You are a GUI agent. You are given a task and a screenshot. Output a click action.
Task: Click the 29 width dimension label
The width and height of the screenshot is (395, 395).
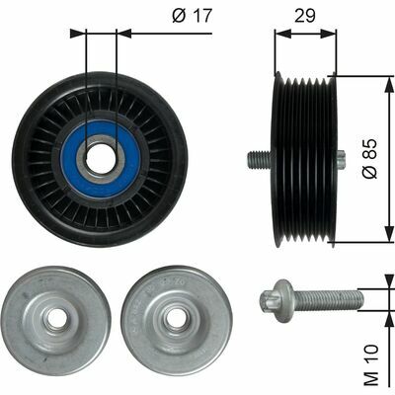click(305, 17)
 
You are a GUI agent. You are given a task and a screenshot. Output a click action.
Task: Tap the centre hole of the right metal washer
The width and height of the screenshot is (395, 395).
click(176, 317)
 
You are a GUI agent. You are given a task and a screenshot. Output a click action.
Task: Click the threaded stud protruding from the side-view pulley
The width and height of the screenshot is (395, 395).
click(256, 158)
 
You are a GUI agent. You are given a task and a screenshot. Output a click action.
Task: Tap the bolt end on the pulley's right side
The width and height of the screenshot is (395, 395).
click(341, 158)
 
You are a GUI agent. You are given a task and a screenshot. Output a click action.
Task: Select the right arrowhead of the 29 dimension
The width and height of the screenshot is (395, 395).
click(333, 33)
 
